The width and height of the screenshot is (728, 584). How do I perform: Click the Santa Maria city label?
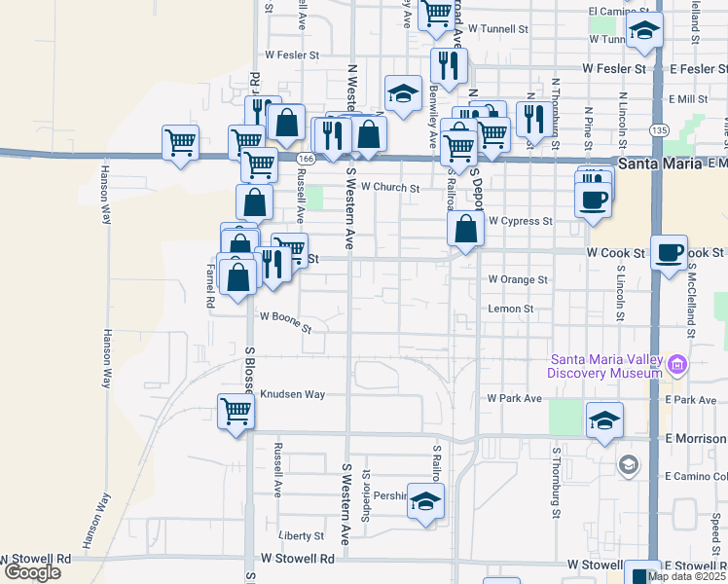coord(659,164)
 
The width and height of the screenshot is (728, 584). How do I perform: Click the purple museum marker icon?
coord(678,366)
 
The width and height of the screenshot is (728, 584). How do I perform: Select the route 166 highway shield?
coord(306,159)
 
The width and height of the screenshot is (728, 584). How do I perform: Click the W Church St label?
coord(389,188)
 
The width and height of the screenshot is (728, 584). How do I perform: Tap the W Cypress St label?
coord(520,221)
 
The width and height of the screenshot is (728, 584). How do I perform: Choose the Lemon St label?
coord(511,309)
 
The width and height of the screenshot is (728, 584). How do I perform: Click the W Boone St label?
coord(285,322)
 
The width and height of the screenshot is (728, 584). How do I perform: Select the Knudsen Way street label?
coord(292,394)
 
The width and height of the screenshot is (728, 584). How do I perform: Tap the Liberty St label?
coord(301,535)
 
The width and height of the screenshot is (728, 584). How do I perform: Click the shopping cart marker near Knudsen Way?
coord(237,412)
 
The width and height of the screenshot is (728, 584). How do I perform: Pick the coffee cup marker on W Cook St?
coord(668,253)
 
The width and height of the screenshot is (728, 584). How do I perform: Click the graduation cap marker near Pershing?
coord(425,501)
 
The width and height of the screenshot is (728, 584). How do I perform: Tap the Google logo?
coord(32,572)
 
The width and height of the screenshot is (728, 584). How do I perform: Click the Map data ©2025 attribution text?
coord(686,576)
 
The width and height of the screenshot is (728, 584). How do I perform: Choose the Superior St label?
coord(367,496)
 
